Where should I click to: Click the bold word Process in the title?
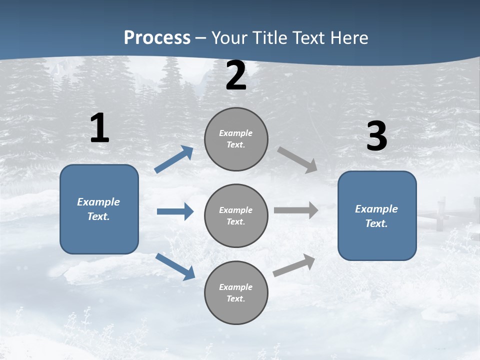[x=157, y=38]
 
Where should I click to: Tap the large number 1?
[x=99, y=128]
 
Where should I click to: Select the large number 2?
[x=236, y=76]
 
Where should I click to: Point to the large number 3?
[x=376, y=137]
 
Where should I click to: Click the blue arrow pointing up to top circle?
[x=174, y=159]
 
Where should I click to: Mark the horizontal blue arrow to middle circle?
[x=175, y=211]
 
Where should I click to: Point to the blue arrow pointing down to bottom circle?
[x=175, y=266]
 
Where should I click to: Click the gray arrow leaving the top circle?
[x=297, y=160]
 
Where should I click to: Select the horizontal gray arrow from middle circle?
[x=296, y=210]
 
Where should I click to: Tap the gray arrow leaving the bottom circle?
[x=294, y=265]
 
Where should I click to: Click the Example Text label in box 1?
[x=98, y=209]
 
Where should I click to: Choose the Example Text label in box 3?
[x=376, y=216]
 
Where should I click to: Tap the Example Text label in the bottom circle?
[x=236, y=293]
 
